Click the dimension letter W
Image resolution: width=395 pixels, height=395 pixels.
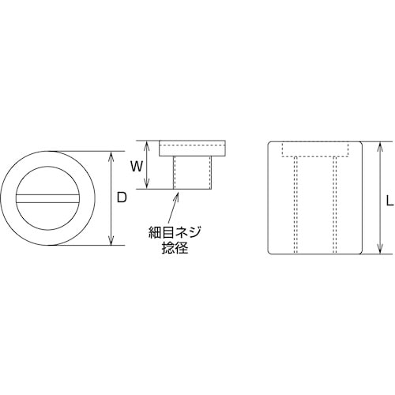(136, 166)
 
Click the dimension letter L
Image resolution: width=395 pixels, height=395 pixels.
(389, 201)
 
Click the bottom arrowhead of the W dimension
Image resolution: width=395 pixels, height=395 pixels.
(147, 186)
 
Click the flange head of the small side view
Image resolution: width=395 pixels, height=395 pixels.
(194, 149)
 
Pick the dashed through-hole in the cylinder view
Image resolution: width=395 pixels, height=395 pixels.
(314, 205)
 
